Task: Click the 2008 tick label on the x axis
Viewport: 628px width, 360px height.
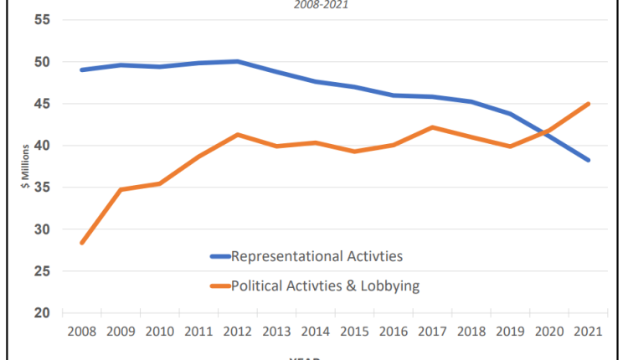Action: (x=82, y=332)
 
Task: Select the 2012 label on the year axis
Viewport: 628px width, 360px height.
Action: (x=238, y=332)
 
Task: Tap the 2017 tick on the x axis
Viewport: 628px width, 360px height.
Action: (x=432, y=332)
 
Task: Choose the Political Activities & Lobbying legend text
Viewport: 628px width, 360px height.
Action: (x=325, y=286)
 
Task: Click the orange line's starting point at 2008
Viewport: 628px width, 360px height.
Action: (x=82, y=243)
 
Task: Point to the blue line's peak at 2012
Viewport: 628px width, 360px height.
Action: (x=238, y=61)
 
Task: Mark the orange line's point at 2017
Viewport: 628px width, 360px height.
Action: (x=432, y=127)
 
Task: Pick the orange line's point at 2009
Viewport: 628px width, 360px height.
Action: (x=121, y=190)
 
